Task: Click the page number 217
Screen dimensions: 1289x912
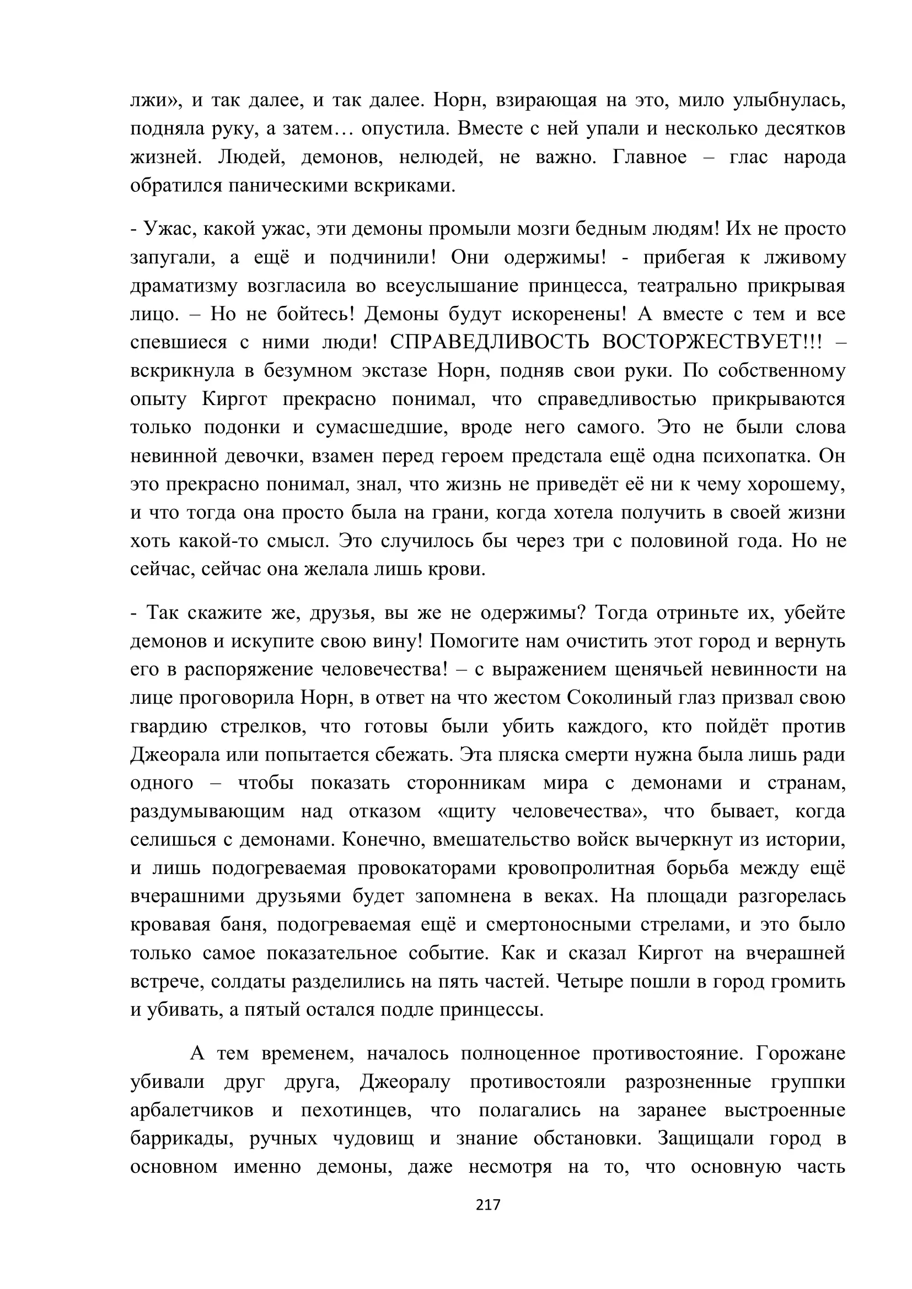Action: coord(487,1205)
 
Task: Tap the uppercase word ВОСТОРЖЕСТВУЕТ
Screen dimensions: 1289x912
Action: coord(711,342)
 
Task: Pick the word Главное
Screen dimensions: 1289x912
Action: coord(649,157)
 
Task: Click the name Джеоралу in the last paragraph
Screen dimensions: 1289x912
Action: coord(405,1082)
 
